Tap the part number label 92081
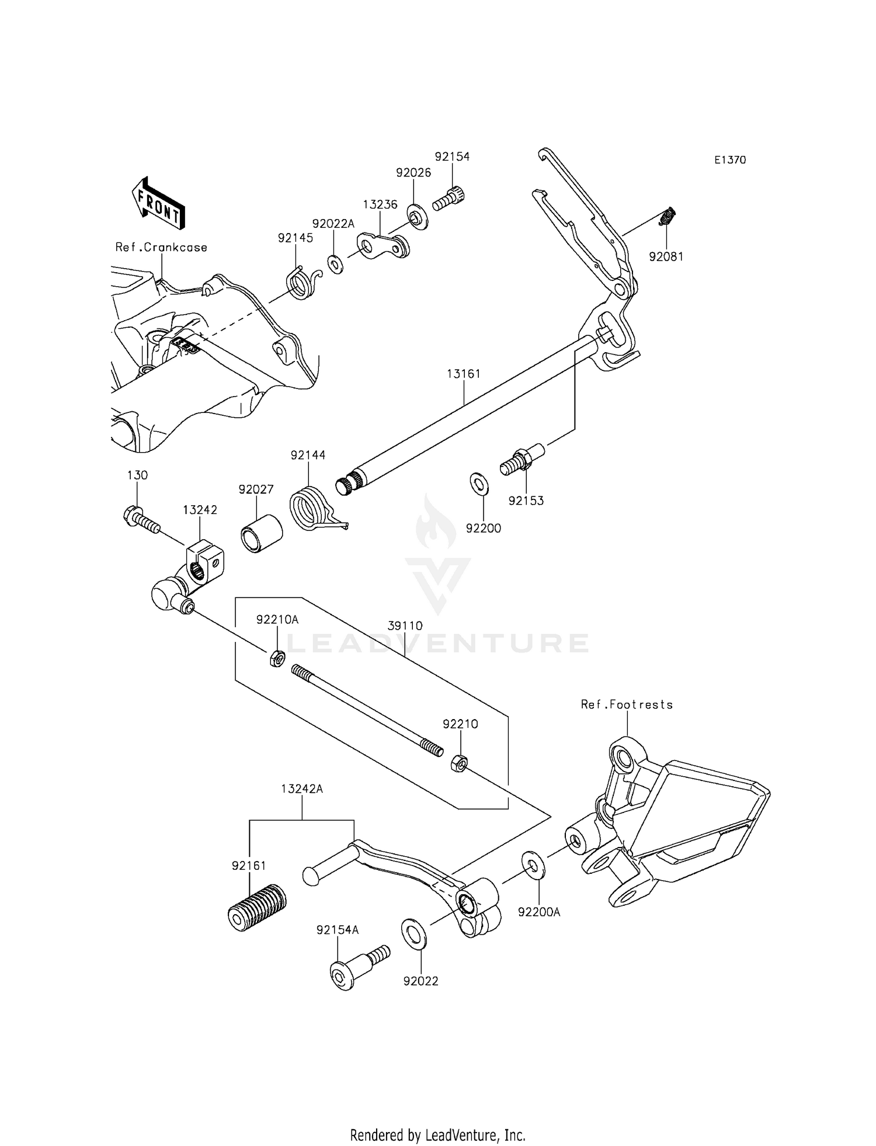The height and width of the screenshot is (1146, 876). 666,256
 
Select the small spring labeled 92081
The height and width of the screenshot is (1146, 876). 667,217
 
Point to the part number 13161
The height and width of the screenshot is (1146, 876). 464,374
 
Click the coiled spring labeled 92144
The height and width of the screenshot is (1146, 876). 312,508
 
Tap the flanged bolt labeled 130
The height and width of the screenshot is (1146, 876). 141,519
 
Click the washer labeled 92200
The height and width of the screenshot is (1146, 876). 479,484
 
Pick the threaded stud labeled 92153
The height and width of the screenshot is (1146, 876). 522,459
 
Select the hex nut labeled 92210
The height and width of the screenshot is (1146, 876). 459,763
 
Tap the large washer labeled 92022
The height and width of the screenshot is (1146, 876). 413,933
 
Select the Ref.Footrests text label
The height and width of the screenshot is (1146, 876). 626,705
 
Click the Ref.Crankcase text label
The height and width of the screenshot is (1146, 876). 161,247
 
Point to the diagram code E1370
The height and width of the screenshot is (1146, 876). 730,160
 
